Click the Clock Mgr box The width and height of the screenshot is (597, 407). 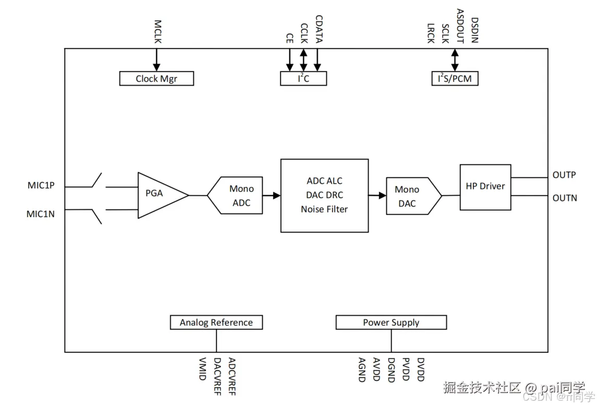click(x=156, y=78)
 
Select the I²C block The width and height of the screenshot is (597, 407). click(x=303, y=78)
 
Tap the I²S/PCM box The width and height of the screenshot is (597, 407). click(x=455, y=78)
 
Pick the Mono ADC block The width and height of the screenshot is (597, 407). click(x=235, y=196)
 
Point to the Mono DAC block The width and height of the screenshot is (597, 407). click(x=414, y=196)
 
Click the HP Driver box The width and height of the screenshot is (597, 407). click(x=485, y=187)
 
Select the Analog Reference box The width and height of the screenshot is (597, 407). click(x=216, y=322)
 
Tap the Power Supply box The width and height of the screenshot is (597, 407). click(x=391, y=322)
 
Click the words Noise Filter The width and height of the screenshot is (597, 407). click(x=324, y=209)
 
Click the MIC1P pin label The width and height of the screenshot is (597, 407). click(x=41, y=185)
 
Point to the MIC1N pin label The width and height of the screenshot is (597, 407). click(x=40, y=214)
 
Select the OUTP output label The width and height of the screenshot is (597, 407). click(x=564, y=175)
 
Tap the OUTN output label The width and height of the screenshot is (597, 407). click(x=565, y=198)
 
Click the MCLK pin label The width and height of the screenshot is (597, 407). click(x=157, y=32)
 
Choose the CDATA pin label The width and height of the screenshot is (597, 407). click(x=319, y=29)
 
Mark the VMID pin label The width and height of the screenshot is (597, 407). click(x=202, y=369)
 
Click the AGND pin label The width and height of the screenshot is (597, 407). click(x=362, y=369)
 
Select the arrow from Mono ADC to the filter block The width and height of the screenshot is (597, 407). click(x=272, y=196)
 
